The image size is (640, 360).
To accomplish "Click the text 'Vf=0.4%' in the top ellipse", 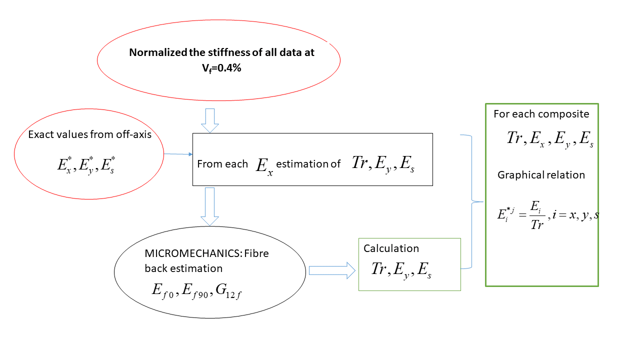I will tap(218, 68).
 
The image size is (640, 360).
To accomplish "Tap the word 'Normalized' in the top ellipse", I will tap(153, 52).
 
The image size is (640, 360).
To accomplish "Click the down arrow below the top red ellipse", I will tap(209, 120).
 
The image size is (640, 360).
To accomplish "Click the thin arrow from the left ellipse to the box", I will tap(178, 154).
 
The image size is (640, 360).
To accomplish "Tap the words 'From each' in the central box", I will tap(222, 164).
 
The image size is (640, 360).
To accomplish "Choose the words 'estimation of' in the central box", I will tap(308, 164).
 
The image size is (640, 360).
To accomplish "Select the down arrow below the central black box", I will tap(209, 206).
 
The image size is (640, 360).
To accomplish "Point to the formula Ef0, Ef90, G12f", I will tap(197, 290).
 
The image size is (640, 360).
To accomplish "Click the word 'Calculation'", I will tap(391, 248).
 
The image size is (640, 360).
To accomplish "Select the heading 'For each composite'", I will tap(541, 114).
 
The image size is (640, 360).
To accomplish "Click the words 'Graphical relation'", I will tap(541, 175).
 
